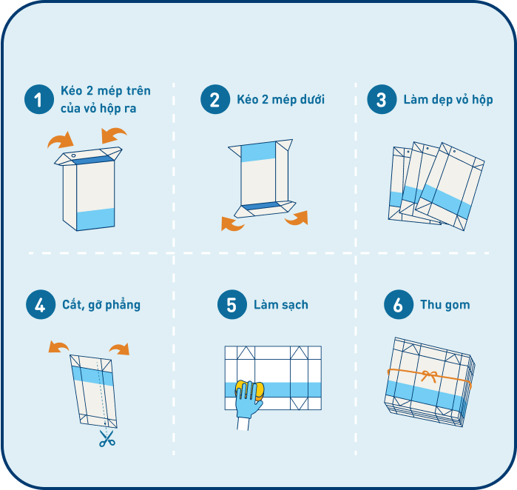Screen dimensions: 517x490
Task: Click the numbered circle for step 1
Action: coord(39,99)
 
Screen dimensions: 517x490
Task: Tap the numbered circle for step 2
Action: coord(215,99)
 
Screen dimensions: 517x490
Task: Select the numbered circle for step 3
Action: coord(382,99)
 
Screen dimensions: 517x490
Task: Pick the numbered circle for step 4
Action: coord(41,304)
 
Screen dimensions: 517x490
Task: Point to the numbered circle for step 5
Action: coord(232,304)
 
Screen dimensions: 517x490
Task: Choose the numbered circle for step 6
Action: coord(399,304)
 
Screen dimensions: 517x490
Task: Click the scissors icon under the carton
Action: coord(107,438)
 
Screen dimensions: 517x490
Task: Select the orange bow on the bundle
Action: coord(429,376)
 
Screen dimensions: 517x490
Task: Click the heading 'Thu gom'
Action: coord(445,304)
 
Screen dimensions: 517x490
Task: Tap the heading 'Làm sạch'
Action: coord(281,304)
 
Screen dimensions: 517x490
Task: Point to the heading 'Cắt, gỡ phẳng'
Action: coord(101,304)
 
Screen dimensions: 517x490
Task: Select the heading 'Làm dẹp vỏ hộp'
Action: coord(448,100)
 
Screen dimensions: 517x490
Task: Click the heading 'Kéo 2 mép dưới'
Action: coord(280,100)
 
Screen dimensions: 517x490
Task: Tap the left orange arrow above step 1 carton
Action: coord(61,141)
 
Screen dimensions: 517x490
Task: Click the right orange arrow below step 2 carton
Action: coord(298,218)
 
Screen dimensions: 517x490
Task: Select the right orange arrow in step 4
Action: coord(121,349)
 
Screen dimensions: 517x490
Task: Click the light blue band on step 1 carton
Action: coord(95,218)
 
